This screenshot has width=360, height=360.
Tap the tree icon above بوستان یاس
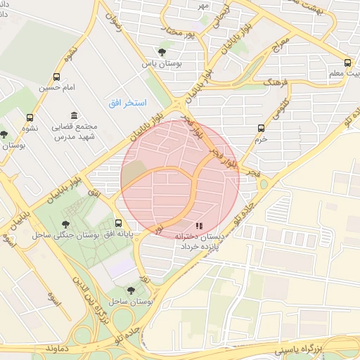[162, 52]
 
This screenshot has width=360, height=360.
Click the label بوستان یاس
[162, 63]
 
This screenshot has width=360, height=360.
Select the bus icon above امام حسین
[56, 77]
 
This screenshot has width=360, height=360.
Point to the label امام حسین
[56, 88]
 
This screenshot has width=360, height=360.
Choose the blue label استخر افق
[127, 103]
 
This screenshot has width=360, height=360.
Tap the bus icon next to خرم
[261, 128]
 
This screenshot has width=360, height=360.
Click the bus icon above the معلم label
[347, 63]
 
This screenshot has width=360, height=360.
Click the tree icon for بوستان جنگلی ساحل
[66, 224]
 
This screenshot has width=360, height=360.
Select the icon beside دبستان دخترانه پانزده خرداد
[199, 226]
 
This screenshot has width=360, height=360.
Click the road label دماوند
[56, 348]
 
